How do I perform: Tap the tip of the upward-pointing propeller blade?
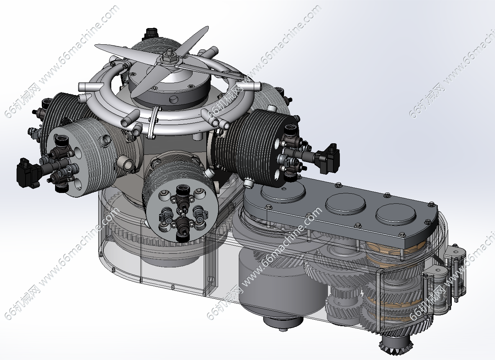(207, 27)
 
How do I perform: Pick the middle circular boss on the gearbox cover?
(345, 203)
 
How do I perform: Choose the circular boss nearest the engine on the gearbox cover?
(283, 192)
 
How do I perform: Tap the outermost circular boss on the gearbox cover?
(396, 214)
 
